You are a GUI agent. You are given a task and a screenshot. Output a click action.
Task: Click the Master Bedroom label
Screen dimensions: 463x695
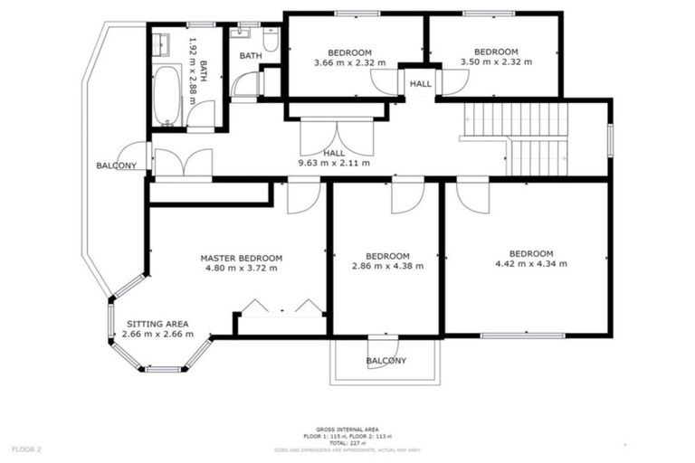(x=241, y=258)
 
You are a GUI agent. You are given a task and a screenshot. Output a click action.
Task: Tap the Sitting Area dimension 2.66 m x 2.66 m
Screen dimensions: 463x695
(x=156, y=334)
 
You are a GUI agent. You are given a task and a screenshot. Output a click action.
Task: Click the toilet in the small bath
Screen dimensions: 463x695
(x=270, y=41)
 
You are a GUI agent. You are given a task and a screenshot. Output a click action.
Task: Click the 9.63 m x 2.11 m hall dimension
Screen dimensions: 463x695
(x=334, y=164)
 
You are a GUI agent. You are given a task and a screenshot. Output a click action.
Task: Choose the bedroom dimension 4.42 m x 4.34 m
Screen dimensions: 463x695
(x=530, y=264)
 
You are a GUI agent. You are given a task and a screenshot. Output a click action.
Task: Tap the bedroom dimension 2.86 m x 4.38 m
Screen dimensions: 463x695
(x=386, y=266)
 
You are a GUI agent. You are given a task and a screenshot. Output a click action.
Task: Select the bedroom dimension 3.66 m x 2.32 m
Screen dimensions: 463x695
(x=348, y=62)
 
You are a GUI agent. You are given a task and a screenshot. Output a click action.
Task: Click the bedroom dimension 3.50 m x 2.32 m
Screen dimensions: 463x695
(x=496, y=62)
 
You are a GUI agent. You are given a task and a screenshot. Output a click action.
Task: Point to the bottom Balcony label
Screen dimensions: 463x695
(x=386, y=361)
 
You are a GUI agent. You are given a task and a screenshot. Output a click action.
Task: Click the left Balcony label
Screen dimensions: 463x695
(x=117, y=165)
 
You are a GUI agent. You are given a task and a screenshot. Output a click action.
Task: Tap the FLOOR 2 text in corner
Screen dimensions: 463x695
(x=26, y=449)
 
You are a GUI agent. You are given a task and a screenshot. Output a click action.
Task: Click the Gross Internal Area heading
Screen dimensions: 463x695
(x=347, y=429)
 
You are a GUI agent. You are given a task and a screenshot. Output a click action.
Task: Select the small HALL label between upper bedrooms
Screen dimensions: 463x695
(x=420, y=83)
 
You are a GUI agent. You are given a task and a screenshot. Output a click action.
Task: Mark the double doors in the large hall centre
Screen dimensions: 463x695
(x=335, y=136)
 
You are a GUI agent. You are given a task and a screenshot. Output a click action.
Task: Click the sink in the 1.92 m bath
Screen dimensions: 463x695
(x=160, y=43)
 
